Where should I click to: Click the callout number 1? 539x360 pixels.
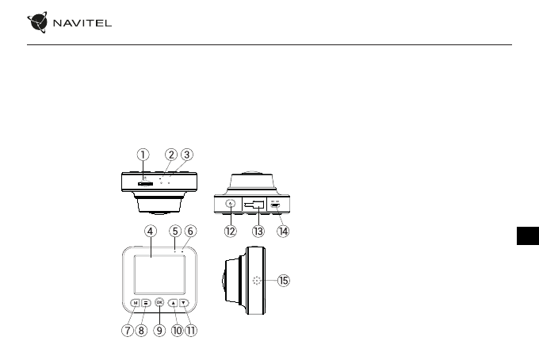coord(143,154)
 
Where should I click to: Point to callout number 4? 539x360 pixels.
coord(150,231)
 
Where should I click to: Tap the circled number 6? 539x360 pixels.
coord(191,231)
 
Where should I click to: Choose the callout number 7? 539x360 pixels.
coord(127,331)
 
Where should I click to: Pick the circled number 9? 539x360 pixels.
coord(159,331)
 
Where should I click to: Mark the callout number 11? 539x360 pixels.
coord(190,331)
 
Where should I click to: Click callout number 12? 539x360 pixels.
coord(231,232)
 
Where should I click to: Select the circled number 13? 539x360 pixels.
coord(257,232)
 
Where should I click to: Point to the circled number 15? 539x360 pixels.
coord(284,281)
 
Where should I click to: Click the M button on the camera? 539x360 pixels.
coord(136,302)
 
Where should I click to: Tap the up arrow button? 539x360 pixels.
coord(173,302)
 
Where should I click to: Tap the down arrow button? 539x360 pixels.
coord(184,302)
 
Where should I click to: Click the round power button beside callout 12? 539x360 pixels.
coord(231,205)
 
